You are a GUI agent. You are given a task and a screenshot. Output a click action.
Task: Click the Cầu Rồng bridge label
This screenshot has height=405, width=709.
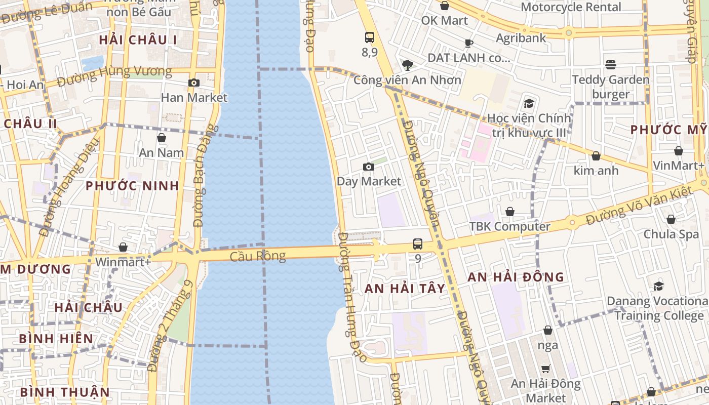(x=257, y=257)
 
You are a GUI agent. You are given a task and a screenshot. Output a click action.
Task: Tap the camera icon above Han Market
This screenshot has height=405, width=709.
(x=193, y=83)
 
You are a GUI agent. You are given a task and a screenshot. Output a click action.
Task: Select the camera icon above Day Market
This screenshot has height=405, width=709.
(x=369, y=167)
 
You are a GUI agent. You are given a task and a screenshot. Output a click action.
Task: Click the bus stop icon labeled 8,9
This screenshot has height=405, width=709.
(x=370, y=37)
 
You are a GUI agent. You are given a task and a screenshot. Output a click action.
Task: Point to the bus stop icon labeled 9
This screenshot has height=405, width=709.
(x=418, y=244)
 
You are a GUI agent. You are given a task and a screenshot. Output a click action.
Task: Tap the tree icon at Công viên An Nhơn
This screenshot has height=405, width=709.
(x=407, y=65)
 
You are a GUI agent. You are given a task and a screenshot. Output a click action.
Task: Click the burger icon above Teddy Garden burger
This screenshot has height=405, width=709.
(x=611, y=65)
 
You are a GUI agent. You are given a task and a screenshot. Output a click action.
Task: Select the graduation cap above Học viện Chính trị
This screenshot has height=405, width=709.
(x=529, y=103)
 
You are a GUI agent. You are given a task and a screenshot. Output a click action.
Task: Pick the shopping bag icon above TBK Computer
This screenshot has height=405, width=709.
(x=510, y=212)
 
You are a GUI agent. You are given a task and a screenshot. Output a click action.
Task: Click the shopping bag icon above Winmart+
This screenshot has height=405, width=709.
(x=123, y=247)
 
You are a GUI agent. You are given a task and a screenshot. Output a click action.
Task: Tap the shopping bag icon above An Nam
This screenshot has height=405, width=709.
(x=162, y=138)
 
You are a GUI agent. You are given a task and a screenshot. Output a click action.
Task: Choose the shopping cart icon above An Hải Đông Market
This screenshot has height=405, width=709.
(x=545, y=369)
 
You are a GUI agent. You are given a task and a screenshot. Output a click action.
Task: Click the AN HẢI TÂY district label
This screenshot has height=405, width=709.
(x=405, y=289)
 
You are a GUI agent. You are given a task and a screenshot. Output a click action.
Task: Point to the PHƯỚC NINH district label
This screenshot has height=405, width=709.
(x=132, y=186)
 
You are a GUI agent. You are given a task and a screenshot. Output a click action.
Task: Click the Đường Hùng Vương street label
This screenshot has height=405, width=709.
(x=114, y=76)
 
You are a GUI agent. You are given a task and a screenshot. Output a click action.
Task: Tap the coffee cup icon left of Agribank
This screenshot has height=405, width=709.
(x=469, y=43)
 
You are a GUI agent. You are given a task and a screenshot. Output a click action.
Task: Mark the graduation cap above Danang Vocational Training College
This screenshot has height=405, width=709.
(x=658, y=286)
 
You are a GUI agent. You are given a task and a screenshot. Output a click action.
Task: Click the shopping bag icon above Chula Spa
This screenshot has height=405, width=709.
(x=671, y=219)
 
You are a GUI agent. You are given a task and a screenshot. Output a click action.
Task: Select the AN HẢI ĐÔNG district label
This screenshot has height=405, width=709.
(x=516, y=277)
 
